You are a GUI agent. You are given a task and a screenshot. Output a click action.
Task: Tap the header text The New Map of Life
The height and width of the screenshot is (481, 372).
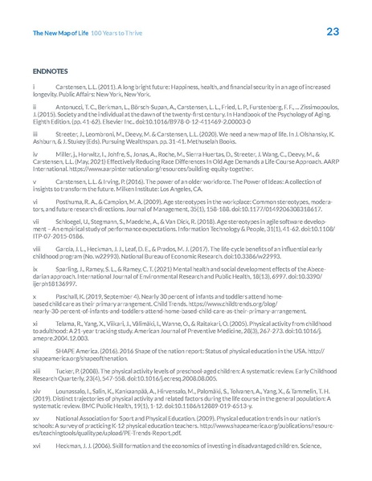[59, 33]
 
